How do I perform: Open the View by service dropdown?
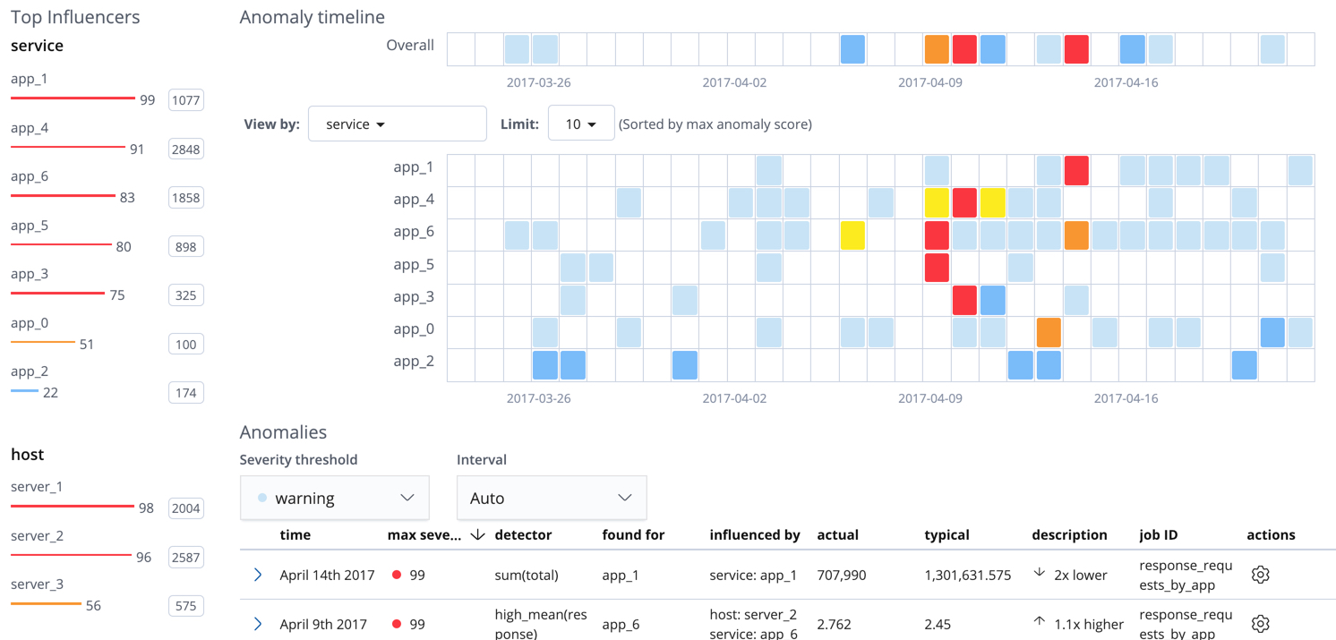(397, 124)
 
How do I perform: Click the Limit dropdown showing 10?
(580, 124)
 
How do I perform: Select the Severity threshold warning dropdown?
(335, 498)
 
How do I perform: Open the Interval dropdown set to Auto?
(551, 498)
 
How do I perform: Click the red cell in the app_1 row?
(1076, 170)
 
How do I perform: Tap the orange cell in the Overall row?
(937, 49)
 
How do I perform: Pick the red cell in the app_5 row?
(937, 268)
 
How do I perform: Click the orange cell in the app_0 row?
(1049, 332)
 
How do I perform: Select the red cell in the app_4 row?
(964, 203)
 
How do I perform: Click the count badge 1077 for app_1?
(185, 100)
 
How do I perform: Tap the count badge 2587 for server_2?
(185, 557)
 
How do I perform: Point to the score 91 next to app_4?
(137, 149)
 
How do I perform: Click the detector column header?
(523, 534)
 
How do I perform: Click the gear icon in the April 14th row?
(1260, 575)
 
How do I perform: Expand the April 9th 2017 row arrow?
(258, 624)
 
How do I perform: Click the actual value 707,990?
(842, 575)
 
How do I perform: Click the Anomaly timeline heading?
(312, 17)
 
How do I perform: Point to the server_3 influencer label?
(37, 585)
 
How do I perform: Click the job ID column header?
(1158, 534)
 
